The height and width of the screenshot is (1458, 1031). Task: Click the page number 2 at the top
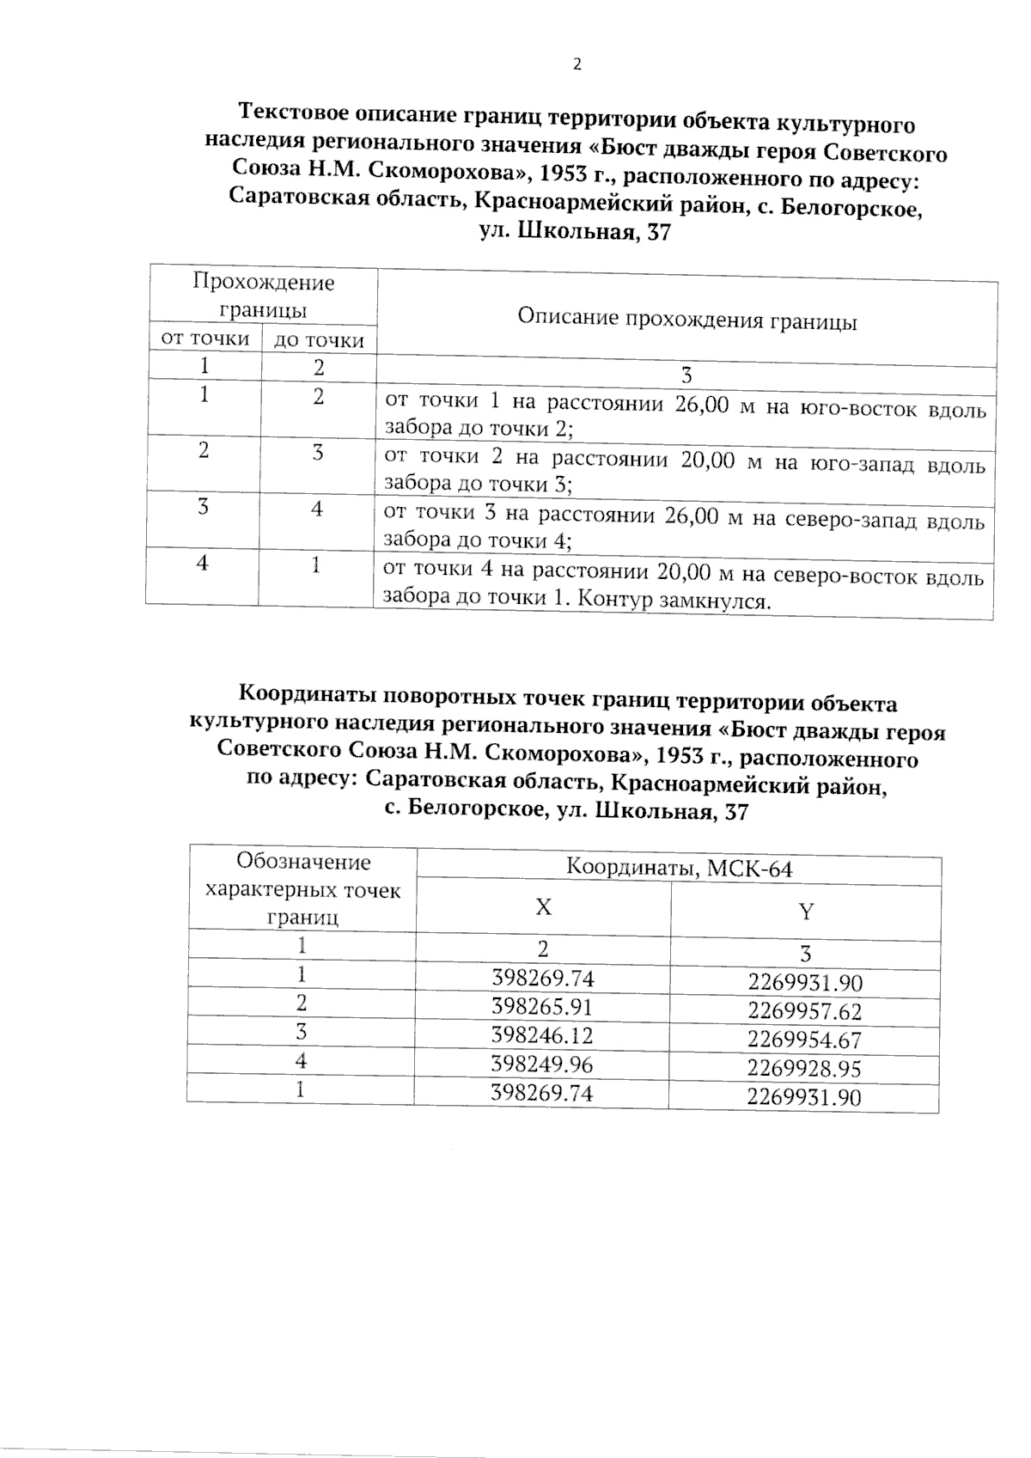(x=577, y=65)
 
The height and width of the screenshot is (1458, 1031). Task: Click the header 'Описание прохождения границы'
(x=686, y=321)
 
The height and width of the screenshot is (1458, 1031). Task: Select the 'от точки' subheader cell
(x=205, y=339)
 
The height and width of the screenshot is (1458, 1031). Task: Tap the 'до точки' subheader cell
(x=319, y=341)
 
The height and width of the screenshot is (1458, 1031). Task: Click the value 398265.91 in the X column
(x=542, y=1007)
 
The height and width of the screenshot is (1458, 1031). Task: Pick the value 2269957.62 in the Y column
(x=804, y=1011)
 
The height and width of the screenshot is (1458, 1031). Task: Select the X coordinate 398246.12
(x=542, y=1036)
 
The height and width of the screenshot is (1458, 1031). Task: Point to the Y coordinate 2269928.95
(x=804, y=1069)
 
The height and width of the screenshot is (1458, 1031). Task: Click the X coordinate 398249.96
(x=542, y=1065)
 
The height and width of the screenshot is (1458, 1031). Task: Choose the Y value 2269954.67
(x=804, y=1040)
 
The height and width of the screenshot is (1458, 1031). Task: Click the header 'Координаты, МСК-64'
(x=679, y=869)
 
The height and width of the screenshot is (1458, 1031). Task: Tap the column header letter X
(x=543, y=907)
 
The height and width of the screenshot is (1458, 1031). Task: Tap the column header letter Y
(x=806, y=912)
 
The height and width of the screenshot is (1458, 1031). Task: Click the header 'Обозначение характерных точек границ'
(x=302, y=889)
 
